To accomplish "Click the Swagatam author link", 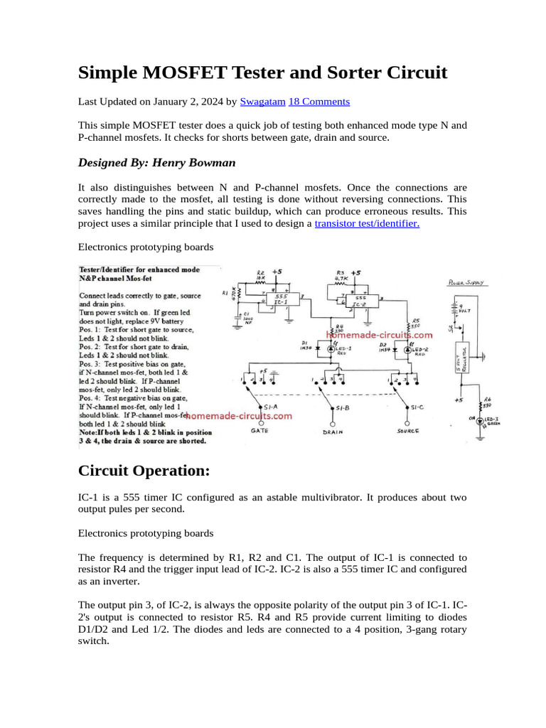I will pos(262,102).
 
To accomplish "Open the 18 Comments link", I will pos(318,102).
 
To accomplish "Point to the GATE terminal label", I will pos(259,431).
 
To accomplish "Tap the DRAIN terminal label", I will pos(334,432).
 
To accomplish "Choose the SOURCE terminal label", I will pos(407,431).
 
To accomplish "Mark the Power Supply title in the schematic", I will pos(466,282).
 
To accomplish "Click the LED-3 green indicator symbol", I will pos(481,421).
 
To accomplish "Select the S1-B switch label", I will pos(344,407).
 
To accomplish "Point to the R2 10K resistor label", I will pos(261,275).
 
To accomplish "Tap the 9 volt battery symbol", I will pos(454,309).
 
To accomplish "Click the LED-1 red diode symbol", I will pos(331,347).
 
